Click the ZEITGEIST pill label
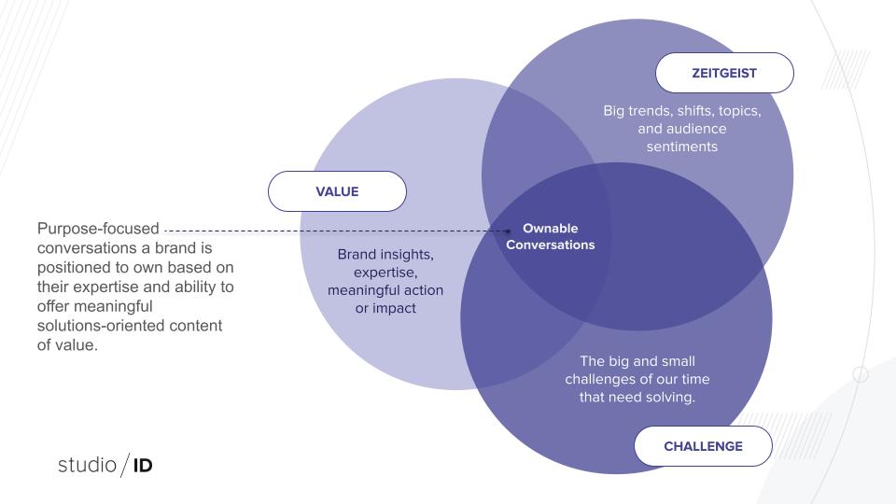click(724, 72)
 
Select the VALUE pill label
click(337, 191)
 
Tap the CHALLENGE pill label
click(703, 446)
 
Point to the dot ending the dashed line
click(508, 230)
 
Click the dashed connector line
click(336, 230)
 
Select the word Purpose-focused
click(98, 229)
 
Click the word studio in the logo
click(86, 464)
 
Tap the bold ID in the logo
click(142, 464)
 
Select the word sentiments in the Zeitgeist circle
click(682, 147)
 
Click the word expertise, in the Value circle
click(385, 272)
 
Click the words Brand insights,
click(385, 254)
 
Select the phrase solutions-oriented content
click(130, 325)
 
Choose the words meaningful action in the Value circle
click(385, 289)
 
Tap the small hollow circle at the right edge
click(861, 374)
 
